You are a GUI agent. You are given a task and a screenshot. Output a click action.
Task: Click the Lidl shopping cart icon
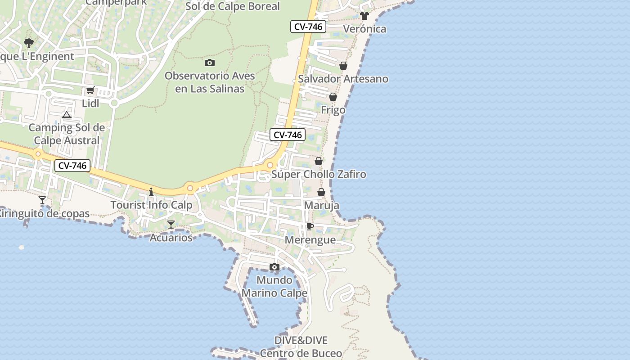coord(90,90)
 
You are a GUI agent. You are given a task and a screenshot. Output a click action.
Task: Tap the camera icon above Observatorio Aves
coord(209,63)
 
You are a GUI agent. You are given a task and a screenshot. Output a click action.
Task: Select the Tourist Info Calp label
coord(152,205)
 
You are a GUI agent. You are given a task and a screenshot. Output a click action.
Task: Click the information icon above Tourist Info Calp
coord(151,192)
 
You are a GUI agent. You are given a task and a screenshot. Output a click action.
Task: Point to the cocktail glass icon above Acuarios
coord(171,224)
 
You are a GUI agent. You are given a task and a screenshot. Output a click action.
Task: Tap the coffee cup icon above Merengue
coord(310,226)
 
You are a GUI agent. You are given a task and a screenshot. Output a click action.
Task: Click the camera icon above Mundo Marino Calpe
coord(274,267)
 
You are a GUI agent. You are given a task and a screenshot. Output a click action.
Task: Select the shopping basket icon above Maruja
coord(321,193)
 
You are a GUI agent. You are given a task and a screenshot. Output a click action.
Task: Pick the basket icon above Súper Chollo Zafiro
coord(319,161)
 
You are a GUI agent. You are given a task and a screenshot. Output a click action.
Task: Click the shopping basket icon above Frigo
coord(333,97)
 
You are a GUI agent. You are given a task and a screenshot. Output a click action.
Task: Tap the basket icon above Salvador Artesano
coord(343,66)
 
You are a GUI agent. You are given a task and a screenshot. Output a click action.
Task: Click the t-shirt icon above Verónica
coord(364,16)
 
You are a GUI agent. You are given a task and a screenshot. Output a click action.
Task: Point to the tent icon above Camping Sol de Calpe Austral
coord(67,115)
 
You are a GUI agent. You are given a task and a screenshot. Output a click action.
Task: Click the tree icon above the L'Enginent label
coord(29,43)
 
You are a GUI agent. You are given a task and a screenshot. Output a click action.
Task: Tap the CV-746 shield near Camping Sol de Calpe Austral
coord(72,166)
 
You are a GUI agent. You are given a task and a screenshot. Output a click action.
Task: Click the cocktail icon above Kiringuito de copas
coord(42,200)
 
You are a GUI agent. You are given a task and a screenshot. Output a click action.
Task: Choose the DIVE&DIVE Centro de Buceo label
coord(301,347)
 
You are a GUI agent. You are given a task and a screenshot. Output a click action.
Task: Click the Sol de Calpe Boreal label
coord(233,6)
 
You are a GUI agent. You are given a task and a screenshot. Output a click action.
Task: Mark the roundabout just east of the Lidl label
coord(114,103)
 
